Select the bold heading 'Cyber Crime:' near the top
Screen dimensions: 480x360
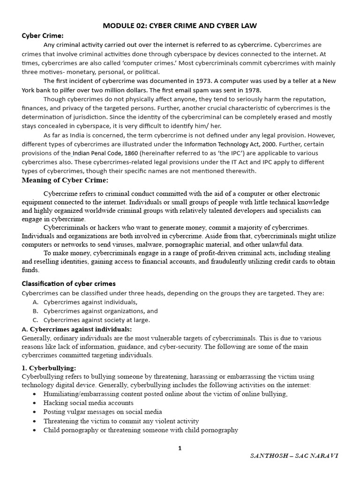tap(43, 36)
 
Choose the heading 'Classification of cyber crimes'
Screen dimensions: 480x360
tap(69, 284)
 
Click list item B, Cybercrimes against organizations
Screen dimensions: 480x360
tap(100, 311)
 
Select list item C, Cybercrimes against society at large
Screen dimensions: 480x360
tap(97, 320)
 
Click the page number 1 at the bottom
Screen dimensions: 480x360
tap(180, 448)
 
